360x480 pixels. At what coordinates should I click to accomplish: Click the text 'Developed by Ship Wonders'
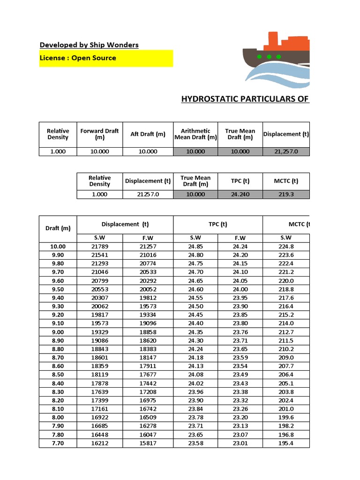pyautogui.click(x=89, y=45)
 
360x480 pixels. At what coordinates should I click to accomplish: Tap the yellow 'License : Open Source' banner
pyautogui.click(x=106, y=58)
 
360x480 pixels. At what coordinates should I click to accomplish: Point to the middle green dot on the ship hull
pyautogui.click(x=269, y=57)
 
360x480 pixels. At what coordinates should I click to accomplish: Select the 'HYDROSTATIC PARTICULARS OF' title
pyautogui.click(x=245, y=98)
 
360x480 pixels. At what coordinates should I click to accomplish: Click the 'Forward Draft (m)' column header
pyautogui.click(x=99, y=134)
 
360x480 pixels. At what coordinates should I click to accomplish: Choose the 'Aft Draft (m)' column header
pyautogui.click(x=148, y=134)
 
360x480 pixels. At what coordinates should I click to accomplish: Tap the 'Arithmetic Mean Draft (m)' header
pyautogui.click(x=195, y=134)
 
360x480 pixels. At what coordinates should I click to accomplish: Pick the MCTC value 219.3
pyautogui.click(x=285, y=194)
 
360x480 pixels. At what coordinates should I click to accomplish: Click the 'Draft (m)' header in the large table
pyautogui.click(x=58, y=228)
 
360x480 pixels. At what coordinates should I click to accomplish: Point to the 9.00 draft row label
pyautogui.click(x=58, y=332)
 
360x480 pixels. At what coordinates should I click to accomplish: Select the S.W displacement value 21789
pyautogui.click(x=99, y=247)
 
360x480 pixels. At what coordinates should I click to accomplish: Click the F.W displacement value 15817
pyautogui.click(x=148, y=443)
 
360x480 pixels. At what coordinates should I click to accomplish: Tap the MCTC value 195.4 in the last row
pyautogui.click(x=285, y=443)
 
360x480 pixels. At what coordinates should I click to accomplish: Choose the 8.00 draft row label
pyautogui.click(x=58, y=418)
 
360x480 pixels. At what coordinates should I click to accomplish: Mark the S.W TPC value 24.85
pyautogui.click(x=195, y=247)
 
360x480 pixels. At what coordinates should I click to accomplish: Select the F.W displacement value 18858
pyautogui.click(x=148, y=332)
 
